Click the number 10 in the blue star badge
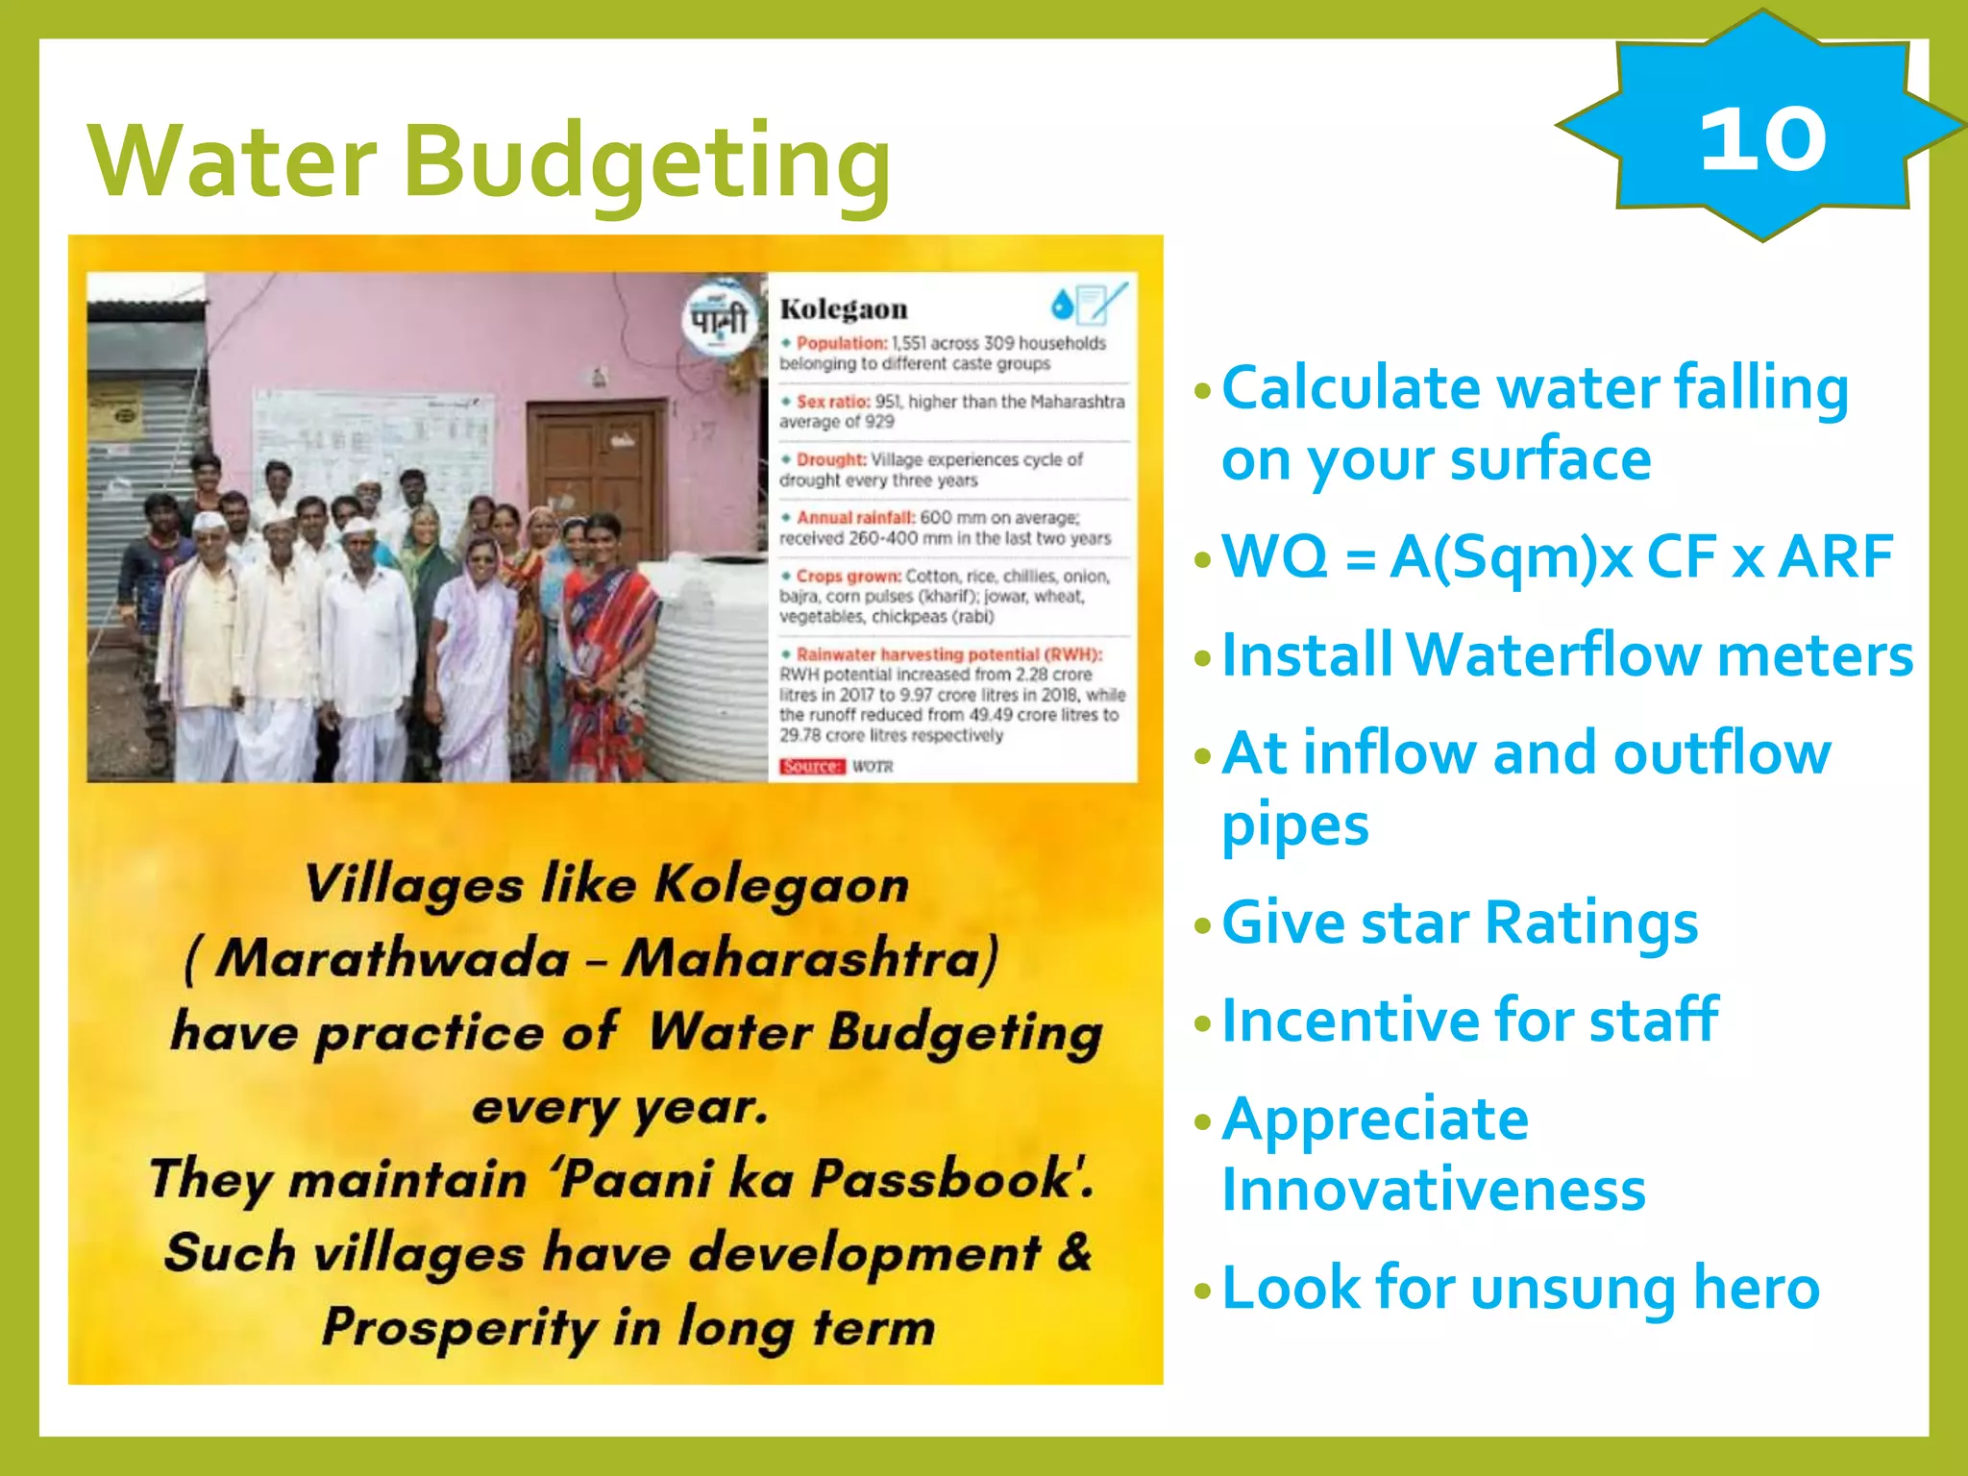[x=1762, y=140]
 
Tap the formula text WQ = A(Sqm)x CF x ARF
[x=1557, y=556]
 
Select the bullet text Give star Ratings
[x=1459, y=923]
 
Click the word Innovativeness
[x=1433, y=1191]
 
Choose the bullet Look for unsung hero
[x=1520, y=1288]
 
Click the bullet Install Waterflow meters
[x=1566, y=655]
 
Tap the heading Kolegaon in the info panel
[x=843, y=309]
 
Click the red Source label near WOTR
[x=811, y=766]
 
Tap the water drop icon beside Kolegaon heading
[x=1062, y=306]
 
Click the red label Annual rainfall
[x=854, y=518]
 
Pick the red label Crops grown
[x=848, y=577]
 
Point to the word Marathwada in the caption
[x=392, y=959]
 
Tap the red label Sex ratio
[x=832, y=402]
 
